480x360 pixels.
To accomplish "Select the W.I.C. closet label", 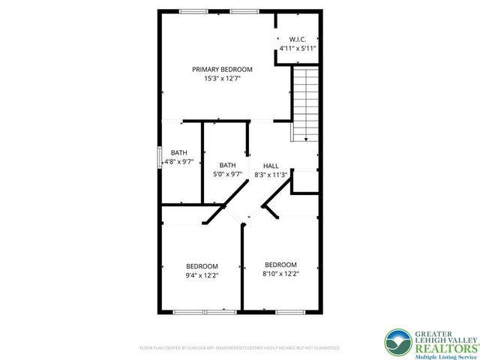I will click(297, 39).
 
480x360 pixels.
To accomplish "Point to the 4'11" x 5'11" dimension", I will click(297, 48).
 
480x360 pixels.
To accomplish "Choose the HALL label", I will click(271, 166).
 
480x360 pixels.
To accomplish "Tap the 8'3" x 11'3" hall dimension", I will click(271, 175).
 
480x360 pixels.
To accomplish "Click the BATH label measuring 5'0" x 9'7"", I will click(227, 166).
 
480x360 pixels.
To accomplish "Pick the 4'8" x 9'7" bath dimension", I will click(178, 161).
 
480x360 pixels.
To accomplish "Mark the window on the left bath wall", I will click(159, 157).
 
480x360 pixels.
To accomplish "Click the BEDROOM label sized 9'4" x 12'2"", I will click(202, 266).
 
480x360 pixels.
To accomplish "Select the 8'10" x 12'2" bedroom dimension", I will click(280, 274).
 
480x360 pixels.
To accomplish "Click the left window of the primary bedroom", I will click(194, 11).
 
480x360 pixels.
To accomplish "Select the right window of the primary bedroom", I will click(241, 11).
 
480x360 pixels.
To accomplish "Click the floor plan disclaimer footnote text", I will click(240, 348).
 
